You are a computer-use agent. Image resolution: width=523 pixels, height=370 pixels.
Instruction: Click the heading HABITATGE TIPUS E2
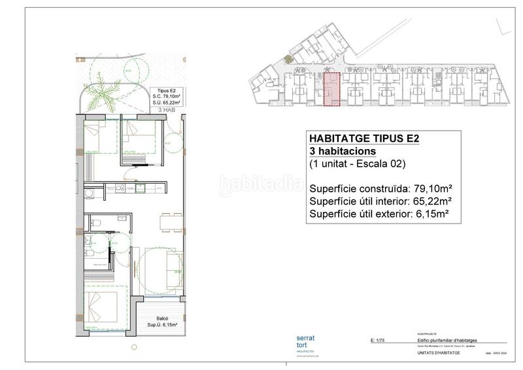[x=363, y=138]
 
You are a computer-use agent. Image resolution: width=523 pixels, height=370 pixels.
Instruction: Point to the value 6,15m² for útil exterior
[x=433, y=213]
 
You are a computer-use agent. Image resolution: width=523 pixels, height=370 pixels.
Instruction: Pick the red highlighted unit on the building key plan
[x=332, y=90]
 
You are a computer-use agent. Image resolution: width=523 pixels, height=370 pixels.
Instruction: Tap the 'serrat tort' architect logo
[x=305, y=342]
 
